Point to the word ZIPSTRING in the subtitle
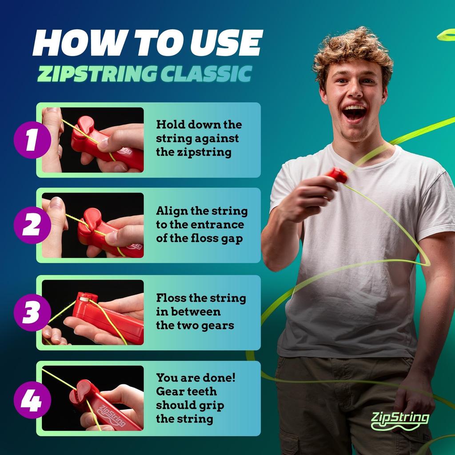click(x=96, y=74)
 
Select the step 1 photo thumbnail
click(x=93, y=140)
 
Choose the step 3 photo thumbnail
click(x=93, y=312)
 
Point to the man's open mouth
click(x=354, y=112)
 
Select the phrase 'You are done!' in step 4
click(x=196, y=378)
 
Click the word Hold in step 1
click(x=171, y=125)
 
